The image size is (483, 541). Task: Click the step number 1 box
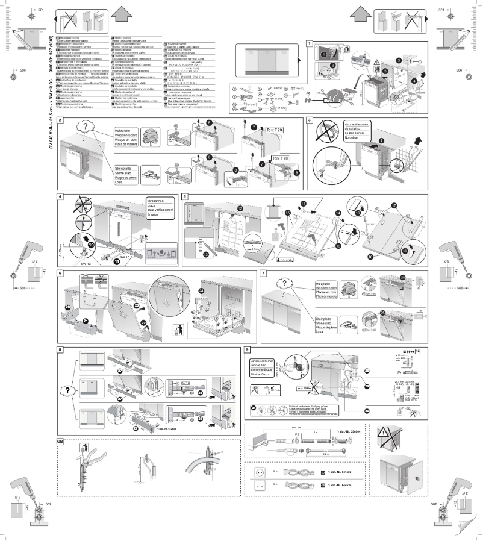click(310, 44)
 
